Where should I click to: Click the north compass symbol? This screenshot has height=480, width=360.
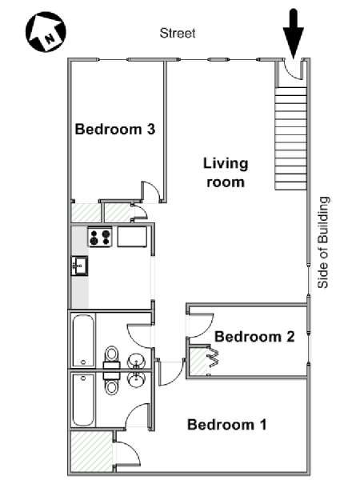[x=46, y=31]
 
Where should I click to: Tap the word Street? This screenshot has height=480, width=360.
[x=178, y=33]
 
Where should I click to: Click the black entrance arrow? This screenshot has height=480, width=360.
[x=294, y=34]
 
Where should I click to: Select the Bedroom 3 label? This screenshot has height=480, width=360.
[x=115, y=129]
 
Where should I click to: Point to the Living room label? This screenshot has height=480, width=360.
[x=226, y=173]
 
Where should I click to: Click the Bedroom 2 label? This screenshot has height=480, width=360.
[x=254, y=337]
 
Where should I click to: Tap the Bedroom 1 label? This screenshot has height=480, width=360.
[x=227, y=425]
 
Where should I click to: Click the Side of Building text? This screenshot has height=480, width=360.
[x=323, y=242]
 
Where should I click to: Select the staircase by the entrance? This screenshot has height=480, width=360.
[x=291, y=138]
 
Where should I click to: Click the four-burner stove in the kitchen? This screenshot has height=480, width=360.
[x=100, y=237]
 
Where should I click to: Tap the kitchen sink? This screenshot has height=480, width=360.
[x=79, y=266]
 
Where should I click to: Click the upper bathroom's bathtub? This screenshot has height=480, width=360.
[x=83, y=341]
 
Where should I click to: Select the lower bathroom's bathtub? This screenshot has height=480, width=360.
[x=83, y=399]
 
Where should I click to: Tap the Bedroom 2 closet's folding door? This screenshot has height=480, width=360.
[x=214, y=357]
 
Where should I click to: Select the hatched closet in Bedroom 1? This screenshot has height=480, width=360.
[x=91, y=451]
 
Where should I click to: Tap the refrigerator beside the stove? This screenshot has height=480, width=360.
[x=132, y=236]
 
